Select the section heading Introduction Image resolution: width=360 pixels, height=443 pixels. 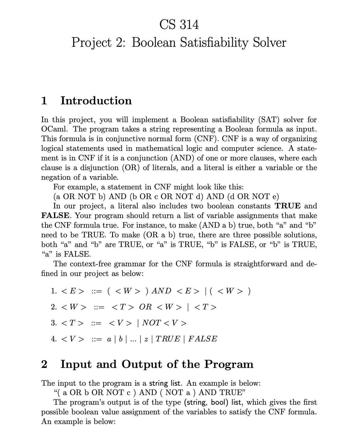tap(96, 101)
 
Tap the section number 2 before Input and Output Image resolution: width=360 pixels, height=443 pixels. tap(44, 364)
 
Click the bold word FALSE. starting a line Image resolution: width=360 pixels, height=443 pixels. tap(56, 216)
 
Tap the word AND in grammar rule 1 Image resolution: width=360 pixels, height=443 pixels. tap(161, 291)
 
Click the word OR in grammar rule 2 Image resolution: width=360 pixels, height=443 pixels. tap(146, 307)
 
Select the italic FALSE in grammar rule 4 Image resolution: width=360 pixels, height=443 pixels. tap(202, 339)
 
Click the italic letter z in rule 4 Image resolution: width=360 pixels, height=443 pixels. tap(146, 339)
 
